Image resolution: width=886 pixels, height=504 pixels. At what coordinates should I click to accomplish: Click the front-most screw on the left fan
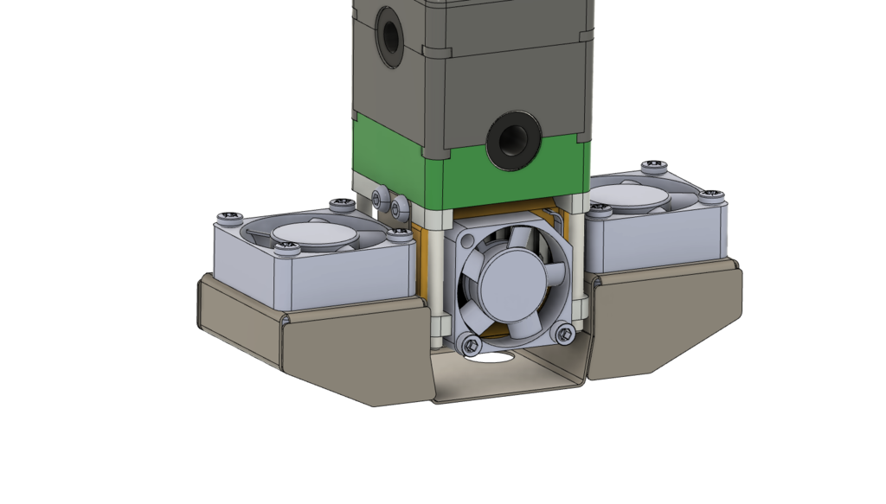point(287,250)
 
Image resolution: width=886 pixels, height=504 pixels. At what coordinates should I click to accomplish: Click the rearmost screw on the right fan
point(653,164)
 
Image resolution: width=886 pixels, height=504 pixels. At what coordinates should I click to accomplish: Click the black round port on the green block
point(513,139)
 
